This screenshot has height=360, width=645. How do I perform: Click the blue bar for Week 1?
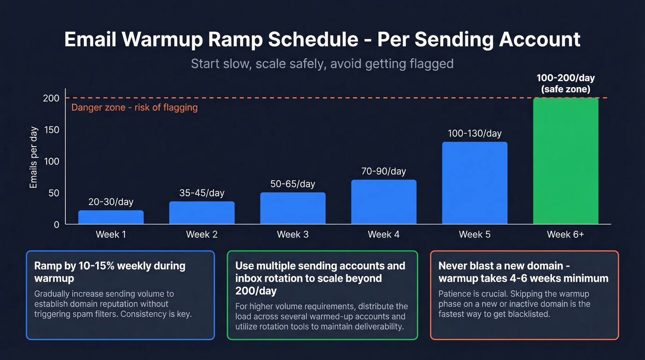click(111, 217)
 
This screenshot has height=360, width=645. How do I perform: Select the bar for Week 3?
click(293, 208)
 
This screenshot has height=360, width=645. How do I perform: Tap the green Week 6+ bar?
click(566, 161)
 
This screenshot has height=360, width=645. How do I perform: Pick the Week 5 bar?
click(475, 183)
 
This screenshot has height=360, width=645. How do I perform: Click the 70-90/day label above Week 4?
click(383, 171)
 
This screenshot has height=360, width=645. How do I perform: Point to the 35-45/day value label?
click(202, 193)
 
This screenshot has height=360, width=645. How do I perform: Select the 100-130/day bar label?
click(475, 134)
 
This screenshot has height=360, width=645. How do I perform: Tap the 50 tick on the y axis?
click(53, 193)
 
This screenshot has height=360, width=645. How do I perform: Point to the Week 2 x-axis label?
click(202, 234)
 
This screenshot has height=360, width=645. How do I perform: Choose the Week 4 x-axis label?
click(383, 234)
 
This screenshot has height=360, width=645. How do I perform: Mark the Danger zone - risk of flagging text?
click(135, 108)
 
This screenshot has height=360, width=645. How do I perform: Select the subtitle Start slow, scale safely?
click(322, 63)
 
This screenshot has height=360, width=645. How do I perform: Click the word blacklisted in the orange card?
click(528, 314)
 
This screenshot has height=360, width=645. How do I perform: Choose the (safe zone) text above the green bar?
click(566, 89)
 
